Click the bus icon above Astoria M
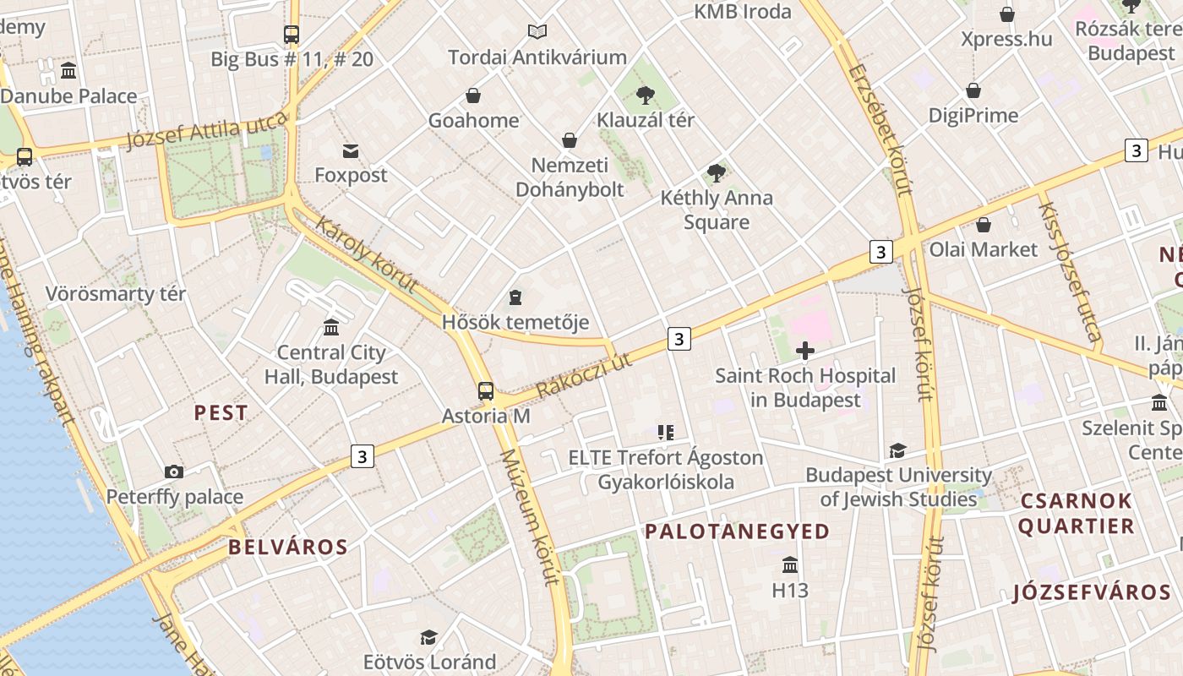click(485, 390)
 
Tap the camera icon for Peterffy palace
click(174, 472)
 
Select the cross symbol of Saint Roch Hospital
click(805, 350)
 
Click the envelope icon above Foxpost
click(351, 151)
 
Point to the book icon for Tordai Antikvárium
click(537, 32)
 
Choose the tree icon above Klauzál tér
click(646, 95)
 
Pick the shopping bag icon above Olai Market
click(983, 225)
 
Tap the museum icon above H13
click(790, 564)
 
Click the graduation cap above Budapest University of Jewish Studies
click(897, 451)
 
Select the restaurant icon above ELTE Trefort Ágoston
click(666, 433)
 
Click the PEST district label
click(221, 413)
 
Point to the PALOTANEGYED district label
click(737, 532)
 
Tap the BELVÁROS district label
click(288, 547)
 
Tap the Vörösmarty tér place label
click(116, 294)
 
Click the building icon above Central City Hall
click(331, 327)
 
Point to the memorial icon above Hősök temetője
click(515, 297)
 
